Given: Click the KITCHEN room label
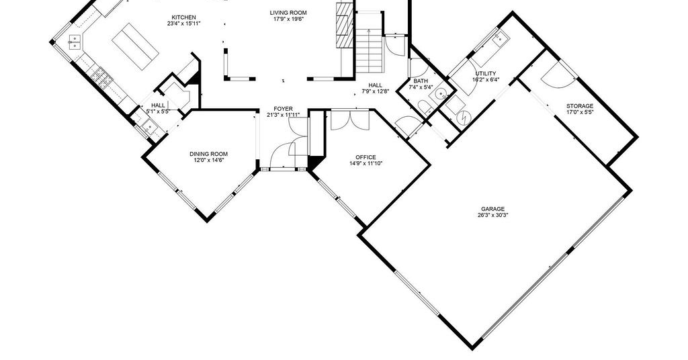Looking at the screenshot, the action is click(183, 17).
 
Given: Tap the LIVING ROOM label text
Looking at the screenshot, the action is click(288, 13).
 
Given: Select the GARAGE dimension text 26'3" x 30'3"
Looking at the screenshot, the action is click(493, 215).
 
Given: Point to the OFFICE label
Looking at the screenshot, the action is click(365, 157).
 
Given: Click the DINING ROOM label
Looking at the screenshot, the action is click(208, 154).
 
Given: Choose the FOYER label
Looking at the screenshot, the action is click(283, 109).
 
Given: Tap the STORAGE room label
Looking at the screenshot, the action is click(580, 106).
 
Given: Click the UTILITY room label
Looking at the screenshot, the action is click(486, 74).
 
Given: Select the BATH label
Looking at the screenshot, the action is click(421, 81).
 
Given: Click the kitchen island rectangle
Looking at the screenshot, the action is click(136, 46).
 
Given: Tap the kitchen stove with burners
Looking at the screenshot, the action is click(102, 77).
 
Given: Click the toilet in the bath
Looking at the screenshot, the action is click(424, 108).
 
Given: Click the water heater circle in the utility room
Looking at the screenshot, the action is click(464, 118).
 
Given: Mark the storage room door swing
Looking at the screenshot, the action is click(558, 75).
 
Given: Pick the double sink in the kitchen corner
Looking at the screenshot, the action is click(75, 42).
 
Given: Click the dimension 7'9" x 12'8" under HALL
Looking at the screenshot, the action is click(375, 91).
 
